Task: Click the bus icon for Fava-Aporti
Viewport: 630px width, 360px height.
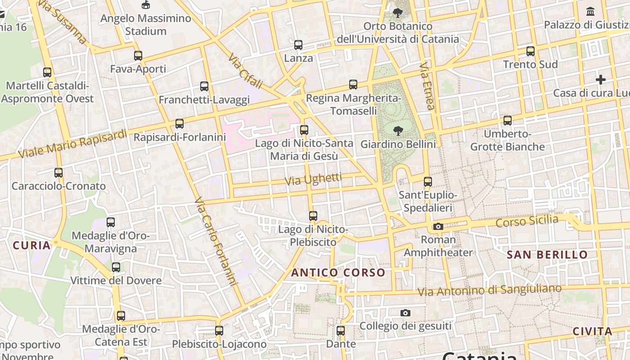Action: (138, 56)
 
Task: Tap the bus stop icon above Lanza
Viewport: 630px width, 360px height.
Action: (298, 45)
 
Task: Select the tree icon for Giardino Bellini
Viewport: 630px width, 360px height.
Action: (398, 131)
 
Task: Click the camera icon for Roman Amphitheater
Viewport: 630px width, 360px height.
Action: (438, 226)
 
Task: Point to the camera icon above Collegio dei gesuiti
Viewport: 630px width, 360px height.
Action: (405, 313)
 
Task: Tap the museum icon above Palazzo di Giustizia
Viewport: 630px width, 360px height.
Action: (590, 11)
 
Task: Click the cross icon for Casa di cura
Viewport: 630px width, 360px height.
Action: (600, 80)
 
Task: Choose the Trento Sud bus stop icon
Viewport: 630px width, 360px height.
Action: (531, 51)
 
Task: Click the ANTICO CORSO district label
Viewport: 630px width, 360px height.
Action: (338, 273)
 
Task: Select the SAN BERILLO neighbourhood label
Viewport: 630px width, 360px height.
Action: (547, 255)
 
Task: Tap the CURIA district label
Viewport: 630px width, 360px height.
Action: (31, 245)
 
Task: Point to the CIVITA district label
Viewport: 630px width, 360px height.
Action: (592, 332)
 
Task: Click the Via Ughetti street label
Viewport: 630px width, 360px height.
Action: (314, 179)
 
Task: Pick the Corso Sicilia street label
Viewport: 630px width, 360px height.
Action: (526, 221)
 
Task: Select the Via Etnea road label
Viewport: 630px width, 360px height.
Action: (427, 85)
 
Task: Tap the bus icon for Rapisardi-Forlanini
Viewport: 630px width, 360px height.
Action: (180, 124)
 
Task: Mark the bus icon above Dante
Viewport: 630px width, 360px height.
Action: (341, 331)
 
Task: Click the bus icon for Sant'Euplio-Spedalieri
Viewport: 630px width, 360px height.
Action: (427, 182)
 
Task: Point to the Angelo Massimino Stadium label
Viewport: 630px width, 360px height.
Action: (145, 25)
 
